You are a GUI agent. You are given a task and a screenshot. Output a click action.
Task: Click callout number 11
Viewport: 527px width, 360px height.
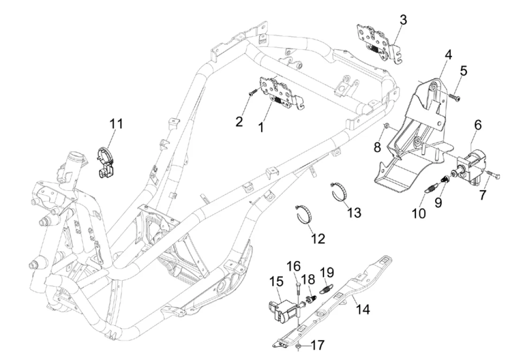coord(116,124)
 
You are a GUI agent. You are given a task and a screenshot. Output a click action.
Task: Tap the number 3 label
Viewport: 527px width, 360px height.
coord(403,20)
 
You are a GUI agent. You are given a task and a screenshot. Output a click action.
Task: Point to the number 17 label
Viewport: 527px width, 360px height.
coord(317,345)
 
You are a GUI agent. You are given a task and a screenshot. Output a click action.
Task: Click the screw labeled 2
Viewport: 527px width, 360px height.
coord(253,93)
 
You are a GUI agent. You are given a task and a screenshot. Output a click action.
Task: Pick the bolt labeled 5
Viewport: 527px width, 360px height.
coord(455,97)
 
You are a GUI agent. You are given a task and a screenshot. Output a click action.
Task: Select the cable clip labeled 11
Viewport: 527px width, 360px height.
coord(105,162)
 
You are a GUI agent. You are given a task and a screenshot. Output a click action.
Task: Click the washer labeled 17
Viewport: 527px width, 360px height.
coord(299,346)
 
